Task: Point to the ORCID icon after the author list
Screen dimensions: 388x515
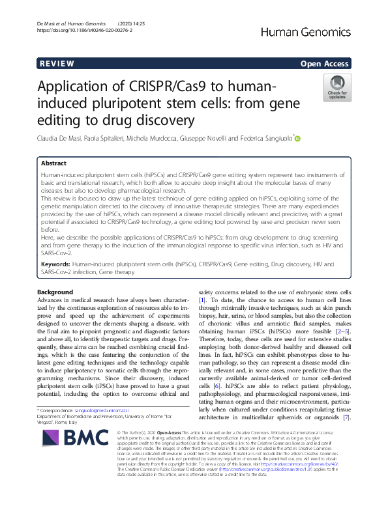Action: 298,138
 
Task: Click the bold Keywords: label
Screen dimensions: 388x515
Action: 57,264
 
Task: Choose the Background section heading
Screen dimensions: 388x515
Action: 55,292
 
